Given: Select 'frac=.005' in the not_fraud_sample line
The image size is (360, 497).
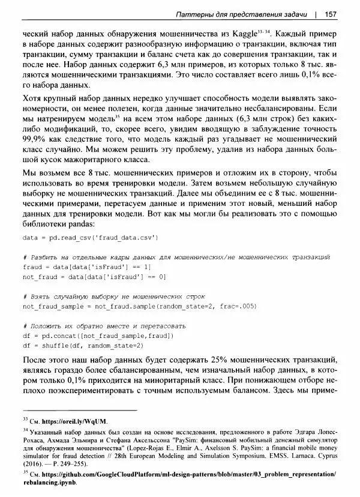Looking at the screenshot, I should click(x=238, y=306).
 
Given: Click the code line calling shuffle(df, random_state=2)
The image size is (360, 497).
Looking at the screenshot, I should click(x=83, y=346).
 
